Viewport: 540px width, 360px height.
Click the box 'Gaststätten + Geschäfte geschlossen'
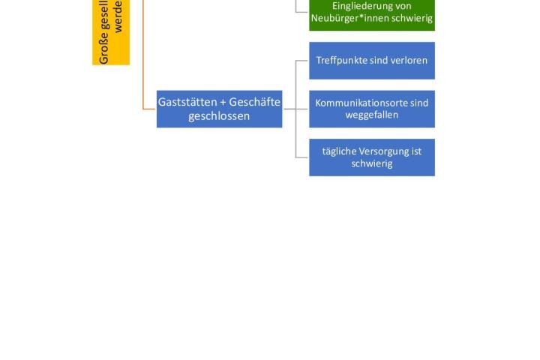[219, 109]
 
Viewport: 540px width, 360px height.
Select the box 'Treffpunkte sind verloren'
[372, 60]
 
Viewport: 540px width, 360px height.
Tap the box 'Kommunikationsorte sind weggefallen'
[372, 109]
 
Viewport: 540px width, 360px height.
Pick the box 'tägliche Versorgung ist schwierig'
[372, 157]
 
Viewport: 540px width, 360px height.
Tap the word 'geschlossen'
[219, 116]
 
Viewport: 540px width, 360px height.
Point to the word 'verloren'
[409, 60]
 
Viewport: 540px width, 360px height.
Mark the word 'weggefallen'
[372, 115]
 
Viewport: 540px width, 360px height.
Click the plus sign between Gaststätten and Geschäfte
[223, 103]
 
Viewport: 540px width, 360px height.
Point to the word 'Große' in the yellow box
[104, 51]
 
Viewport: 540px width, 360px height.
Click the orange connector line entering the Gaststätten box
[149, 109]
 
